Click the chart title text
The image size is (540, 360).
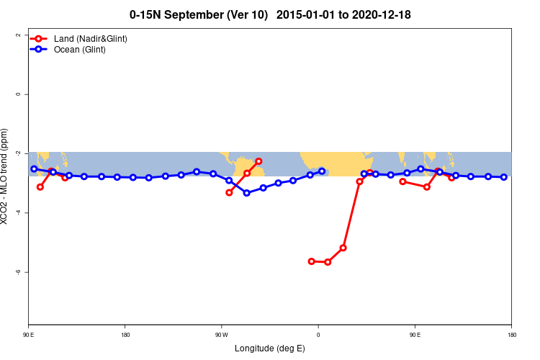pos(270,14)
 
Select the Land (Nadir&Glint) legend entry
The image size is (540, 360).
pos(90,38)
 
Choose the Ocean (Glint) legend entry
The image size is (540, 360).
pos(79,49)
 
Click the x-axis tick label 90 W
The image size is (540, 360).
pos(221,335)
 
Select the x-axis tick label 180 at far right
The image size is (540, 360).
pos(511,335)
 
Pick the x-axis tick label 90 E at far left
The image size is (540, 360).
pos(28,335)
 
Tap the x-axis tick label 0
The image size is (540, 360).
pos(318,335)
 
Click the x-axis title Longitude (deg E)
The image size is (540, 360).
pos(270,348)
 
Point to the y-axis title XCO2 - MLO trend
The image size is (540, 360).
pos(7,177)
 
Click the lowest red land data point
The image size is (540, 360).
pos(328,262)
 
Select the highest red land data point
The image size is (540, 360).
pos(259,161)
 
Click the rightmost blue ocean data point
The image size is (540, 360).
pos(504,177)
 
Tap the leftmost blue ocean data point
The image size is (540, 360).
pos(34,169)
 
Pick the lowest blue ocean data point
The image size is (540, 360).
pos(247,193)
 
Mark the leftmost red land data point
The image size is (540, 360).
pos(40,187)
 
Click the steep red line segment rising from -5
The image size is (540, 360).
pos(351,215)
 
